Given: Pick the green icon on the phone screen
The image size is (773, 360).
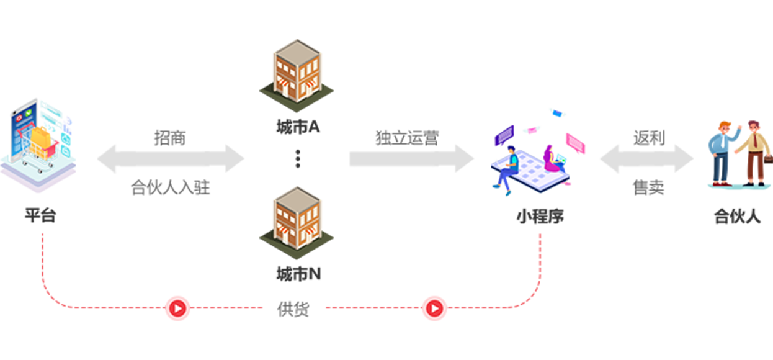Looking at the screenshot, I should coord(29,114).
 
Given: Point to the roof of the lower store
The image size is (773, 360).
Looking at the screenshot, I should coord(295,197).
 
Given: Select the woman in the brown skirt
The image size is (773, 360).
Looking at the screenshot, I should coord(751,155).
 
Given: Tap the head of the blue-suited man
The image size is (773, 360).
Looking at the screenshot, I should coord(723,130).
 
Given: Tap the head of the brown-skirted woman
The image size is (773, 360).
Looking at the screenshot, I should coord(753,129).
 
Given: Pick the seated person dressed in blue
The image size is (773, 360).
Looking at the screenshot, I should coord(510,168).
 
